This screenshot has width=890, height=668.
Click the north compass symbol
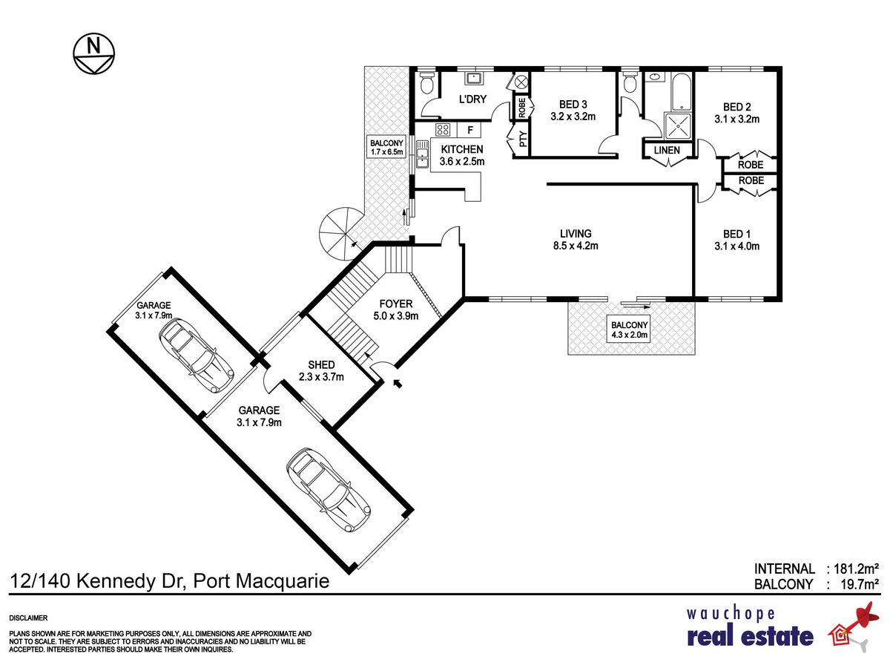(93, 53)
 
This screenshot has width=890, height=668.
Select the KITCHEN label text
(462, 149)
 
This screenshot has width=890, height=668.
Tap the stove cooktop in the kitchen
(442, 130)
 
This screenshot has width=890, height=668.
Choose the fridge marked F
(470, 130)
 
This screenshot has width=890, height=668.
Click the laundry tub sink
(472, 78)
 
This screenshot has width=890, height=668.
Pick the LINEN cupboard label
(667, 150)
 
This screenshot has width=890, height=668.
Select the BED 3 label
(573, 105)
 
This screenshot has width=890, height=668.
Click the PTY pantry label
(523, 139)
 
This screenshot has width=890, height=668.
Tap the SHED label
(321, 364)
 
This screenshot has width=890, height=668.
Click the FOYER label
(396, 304)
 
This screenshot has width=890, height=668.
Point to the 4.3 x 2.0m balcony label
(629, 330)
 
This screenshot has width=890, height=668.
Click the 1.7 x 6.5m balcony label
(386, 148)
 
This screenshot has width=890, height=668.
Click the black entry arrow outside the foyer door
(398, 383)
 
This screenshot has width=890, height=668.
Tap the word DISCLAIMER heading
(28, 618)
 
